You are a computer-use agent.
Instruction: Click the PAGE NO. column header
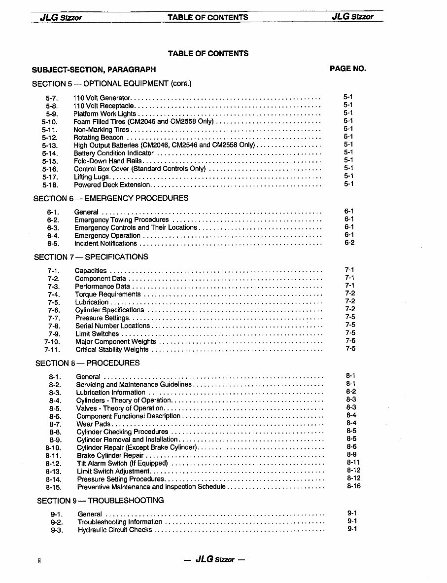tap(347, 69)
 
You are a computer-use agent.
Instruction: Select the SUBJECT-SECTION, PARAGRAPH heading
tap(94, 70)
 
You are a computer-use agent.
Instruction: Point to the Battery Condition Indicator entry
tap(114, 153)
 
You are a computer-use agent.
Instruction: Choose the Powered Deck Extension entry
tap(112, 185)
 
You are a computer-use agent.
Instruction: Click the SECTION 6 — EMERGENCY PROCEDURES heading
tap(111, 198)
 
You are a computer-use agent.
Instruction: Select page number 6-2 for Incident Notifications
tap(349, 243)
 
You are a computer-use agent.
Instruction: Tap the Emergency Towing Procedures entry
tap(122, 220)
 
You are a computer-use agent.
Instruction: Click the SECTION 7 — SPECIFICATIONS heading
tap(91, 257)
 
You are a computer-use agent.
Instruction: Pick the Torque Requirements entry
tap(108, 294)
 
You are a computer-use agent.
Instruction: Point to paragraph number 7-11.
tap(52, 350)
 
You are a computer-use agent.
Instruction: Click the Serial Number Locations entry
tap(113, 326)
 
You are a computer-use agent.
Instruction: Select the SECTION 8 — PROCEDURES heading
tap(88, 363)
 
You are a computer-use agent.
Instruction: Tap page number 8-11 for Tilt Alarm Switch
tap(353, 463)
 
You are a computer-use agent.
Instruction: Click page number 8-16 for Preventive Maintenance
tap(353, 486)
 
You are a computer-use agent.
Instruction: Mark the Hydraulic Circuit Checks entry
tap(115, 530)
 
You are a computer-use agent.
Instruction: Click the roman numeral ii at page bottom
tap(38, 560)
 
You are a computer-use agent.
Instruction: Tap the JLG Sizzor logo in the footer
tap(214, 559)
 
